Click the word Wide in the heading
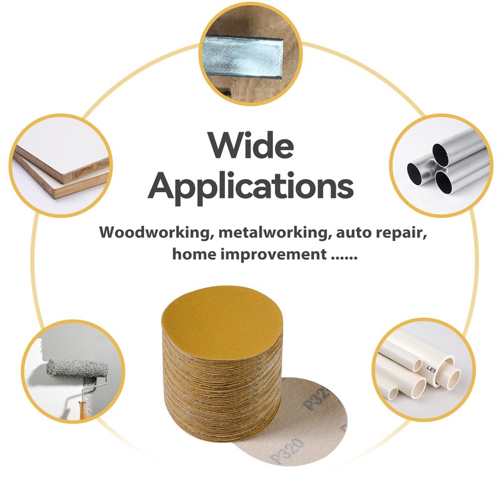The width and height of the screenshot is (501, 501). (x=250, y=146)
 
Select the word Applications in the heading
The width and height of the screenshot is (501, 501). (x=250, y=186)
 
